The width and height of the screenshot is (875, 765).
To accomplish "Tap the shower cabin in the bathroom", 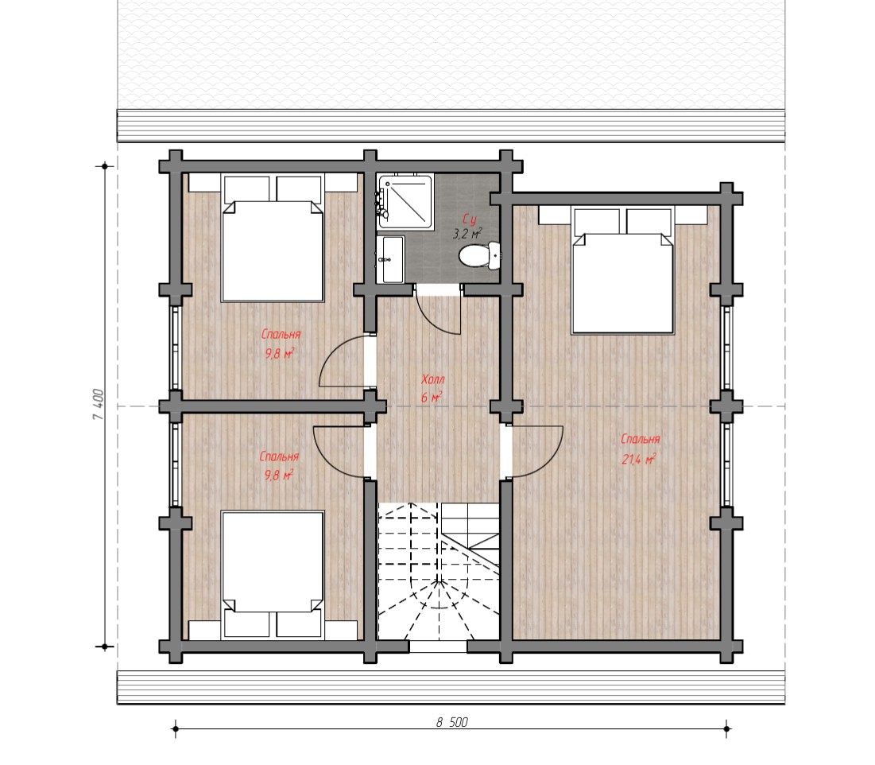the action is point(405,201).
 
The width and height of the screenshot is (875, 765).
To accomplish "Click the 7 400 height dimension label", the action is point(98,404).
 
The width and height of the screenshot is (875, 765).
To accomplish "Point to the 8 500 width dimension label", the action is point(451,723).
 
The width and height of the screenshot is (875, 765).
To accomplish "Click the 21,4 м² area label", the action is point(639,459).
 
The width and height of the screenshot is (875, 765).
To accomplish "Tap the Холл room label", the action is point(433,379).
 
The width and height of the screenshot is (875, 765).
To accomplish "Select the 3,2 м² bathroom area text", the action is point(467,234).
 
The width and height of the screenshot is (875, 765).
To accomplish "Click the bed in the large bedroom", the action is point(623,270).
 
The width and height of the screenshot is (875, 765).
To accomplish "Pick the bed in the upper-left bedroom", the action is point(273,239).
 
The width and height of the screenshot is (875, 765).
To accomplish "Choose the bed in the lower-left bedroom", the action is point(273,574).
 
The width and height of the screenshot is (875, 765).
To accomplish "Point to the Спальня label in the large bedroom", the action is point(641,440).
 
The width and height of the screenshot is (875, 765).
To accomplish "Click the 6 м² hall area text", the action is point(432,398).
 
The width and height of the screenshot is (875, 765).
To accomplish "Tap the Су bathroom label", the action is point(470,219).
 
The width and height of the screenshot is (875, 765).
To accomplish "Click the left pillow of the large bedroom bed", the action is point(597,221).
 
